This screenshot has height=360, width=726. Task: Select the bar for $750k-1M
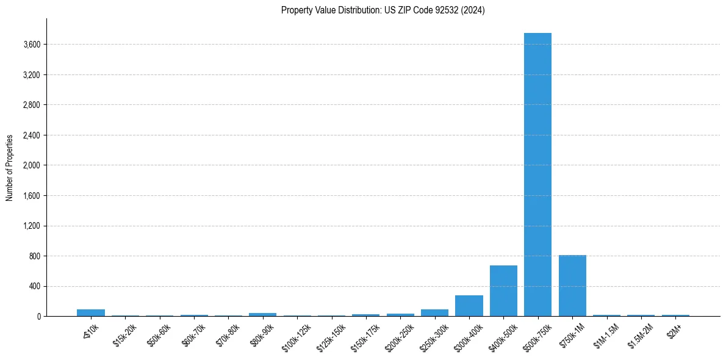572,286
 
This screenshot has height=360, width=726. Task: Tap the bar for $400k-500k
503,291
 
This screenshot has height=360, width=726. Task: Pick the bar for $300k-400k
469,306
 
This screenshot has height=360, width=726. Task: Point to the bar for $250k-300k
434,312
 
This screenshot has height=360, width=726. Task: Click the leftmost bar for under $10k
91,312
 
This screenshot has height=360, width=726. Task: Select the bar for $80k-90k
262,314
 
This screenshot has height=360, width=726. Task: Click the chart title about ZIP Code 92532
383,10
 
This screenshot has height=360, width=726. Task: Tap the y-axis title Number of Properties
10,168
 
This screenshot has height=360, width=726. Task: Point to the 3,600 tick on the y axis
31,45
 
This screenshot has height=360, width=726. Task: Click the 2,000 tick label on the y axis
31,165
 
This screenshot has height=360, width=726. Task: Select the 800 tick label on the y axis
35,256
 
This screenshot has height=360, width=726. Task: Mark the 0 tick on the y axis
38,317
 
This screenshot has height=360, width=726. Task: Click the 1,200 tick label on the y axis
31,226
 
